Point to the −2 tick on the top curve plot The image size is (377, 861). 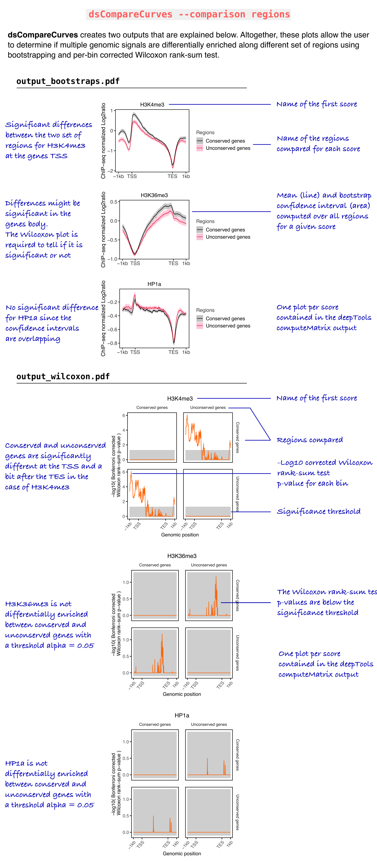point(110,171)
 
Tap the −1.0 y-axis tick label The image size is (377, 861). point(112,259)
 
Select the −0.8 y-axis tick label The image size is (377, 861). point(112,343)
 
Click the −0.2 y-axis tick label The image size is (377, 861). point(112,302)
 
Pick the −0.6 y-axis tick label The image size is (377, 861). point(112,330)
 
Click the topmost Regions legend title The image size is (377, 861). point(205,133)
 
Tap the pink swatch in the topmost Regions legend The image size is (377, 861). point(200,148)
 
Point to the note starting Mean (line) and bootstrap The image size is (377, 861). point(323,211)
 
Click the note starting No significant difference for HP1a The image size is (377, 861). point(52,323)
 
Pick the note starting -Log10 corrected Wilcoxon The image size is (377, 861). point(324,473)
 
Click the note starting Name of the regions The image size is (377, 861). point(318,143)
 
